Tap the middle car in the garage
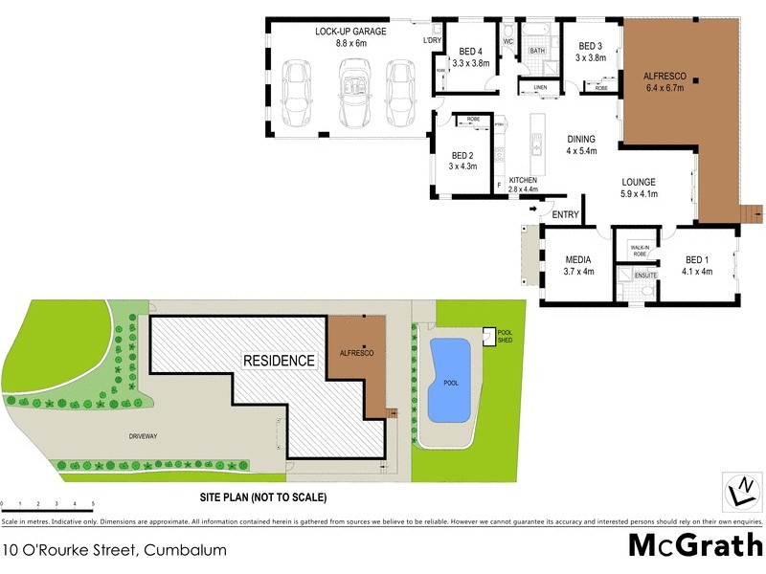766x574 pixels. [x=355, y=93]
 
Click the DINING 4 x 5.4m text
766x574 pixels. [x=581, y=144]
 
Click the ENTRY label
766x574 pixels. [x=565, y=215]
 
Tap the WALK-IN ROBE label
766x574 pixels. [x=640, y=251]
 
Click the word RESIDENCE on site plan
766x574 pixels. [x=279, y=361]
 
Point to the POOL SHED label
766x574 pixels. [x=506, y=337]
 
